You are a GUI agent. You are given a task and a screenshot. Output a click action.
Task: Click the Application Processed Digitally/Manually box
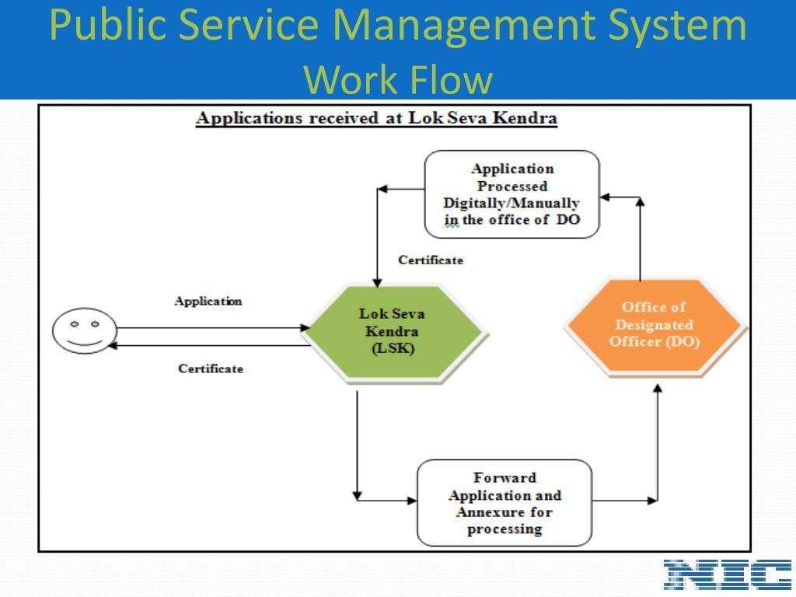(x=511, y=194)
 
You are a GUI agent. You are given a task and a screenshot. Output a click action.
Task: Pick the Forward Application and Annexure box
(x=504, y=503)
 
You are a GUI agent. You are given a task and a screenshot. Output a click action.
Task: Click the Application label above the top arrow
(x=208, y=302)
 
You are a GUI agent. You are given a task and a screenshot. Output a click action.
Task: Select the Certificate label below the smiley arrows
(x=210, y=369)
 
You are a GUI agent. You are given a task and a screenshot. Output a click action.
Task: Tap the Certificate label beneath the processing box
(x=431, y=260)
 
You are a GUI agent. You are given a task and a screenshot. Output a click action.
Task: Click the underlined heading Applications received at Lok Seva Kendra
(x=377, y=119)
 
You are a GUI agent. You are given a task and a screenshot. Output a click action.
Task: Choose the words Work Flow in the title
(x=397, y=79)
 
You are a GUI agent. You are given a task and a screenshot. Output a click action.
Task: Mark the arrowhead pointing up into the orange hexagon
(x=658, y=386)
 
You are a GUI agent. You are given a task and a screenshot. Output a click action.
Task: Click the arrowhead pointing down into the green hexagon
(x=376, y=281)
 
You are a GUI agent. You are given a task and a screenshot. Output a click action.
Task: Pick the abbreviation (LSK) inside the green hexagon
(x=391, y=349)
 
